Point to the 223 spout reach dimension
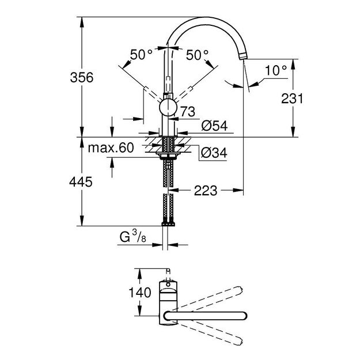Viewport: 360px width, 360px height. tap(206, 190)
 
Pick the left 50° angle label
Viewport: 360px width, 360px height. tap(141, 55)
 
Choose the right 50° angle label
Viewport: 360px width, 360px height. tap(196, 55)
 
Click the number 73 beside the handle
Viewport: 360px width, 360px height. tap(188, 110)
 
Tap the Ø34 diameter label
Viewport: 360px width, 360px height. tap(212, 153)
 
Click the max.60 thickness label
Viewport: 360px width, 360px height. tap(111, 148)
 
